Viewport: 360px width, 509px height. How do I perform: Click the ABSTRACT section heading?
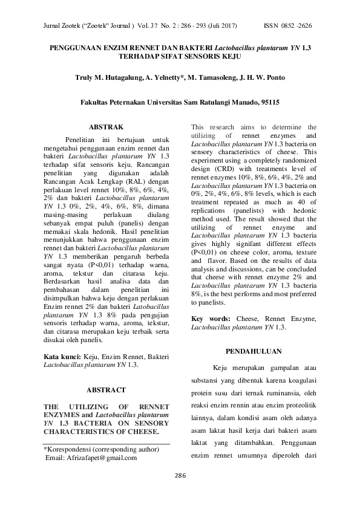106,390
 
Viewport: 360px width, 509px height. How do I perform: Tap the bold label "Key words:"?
211,318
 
